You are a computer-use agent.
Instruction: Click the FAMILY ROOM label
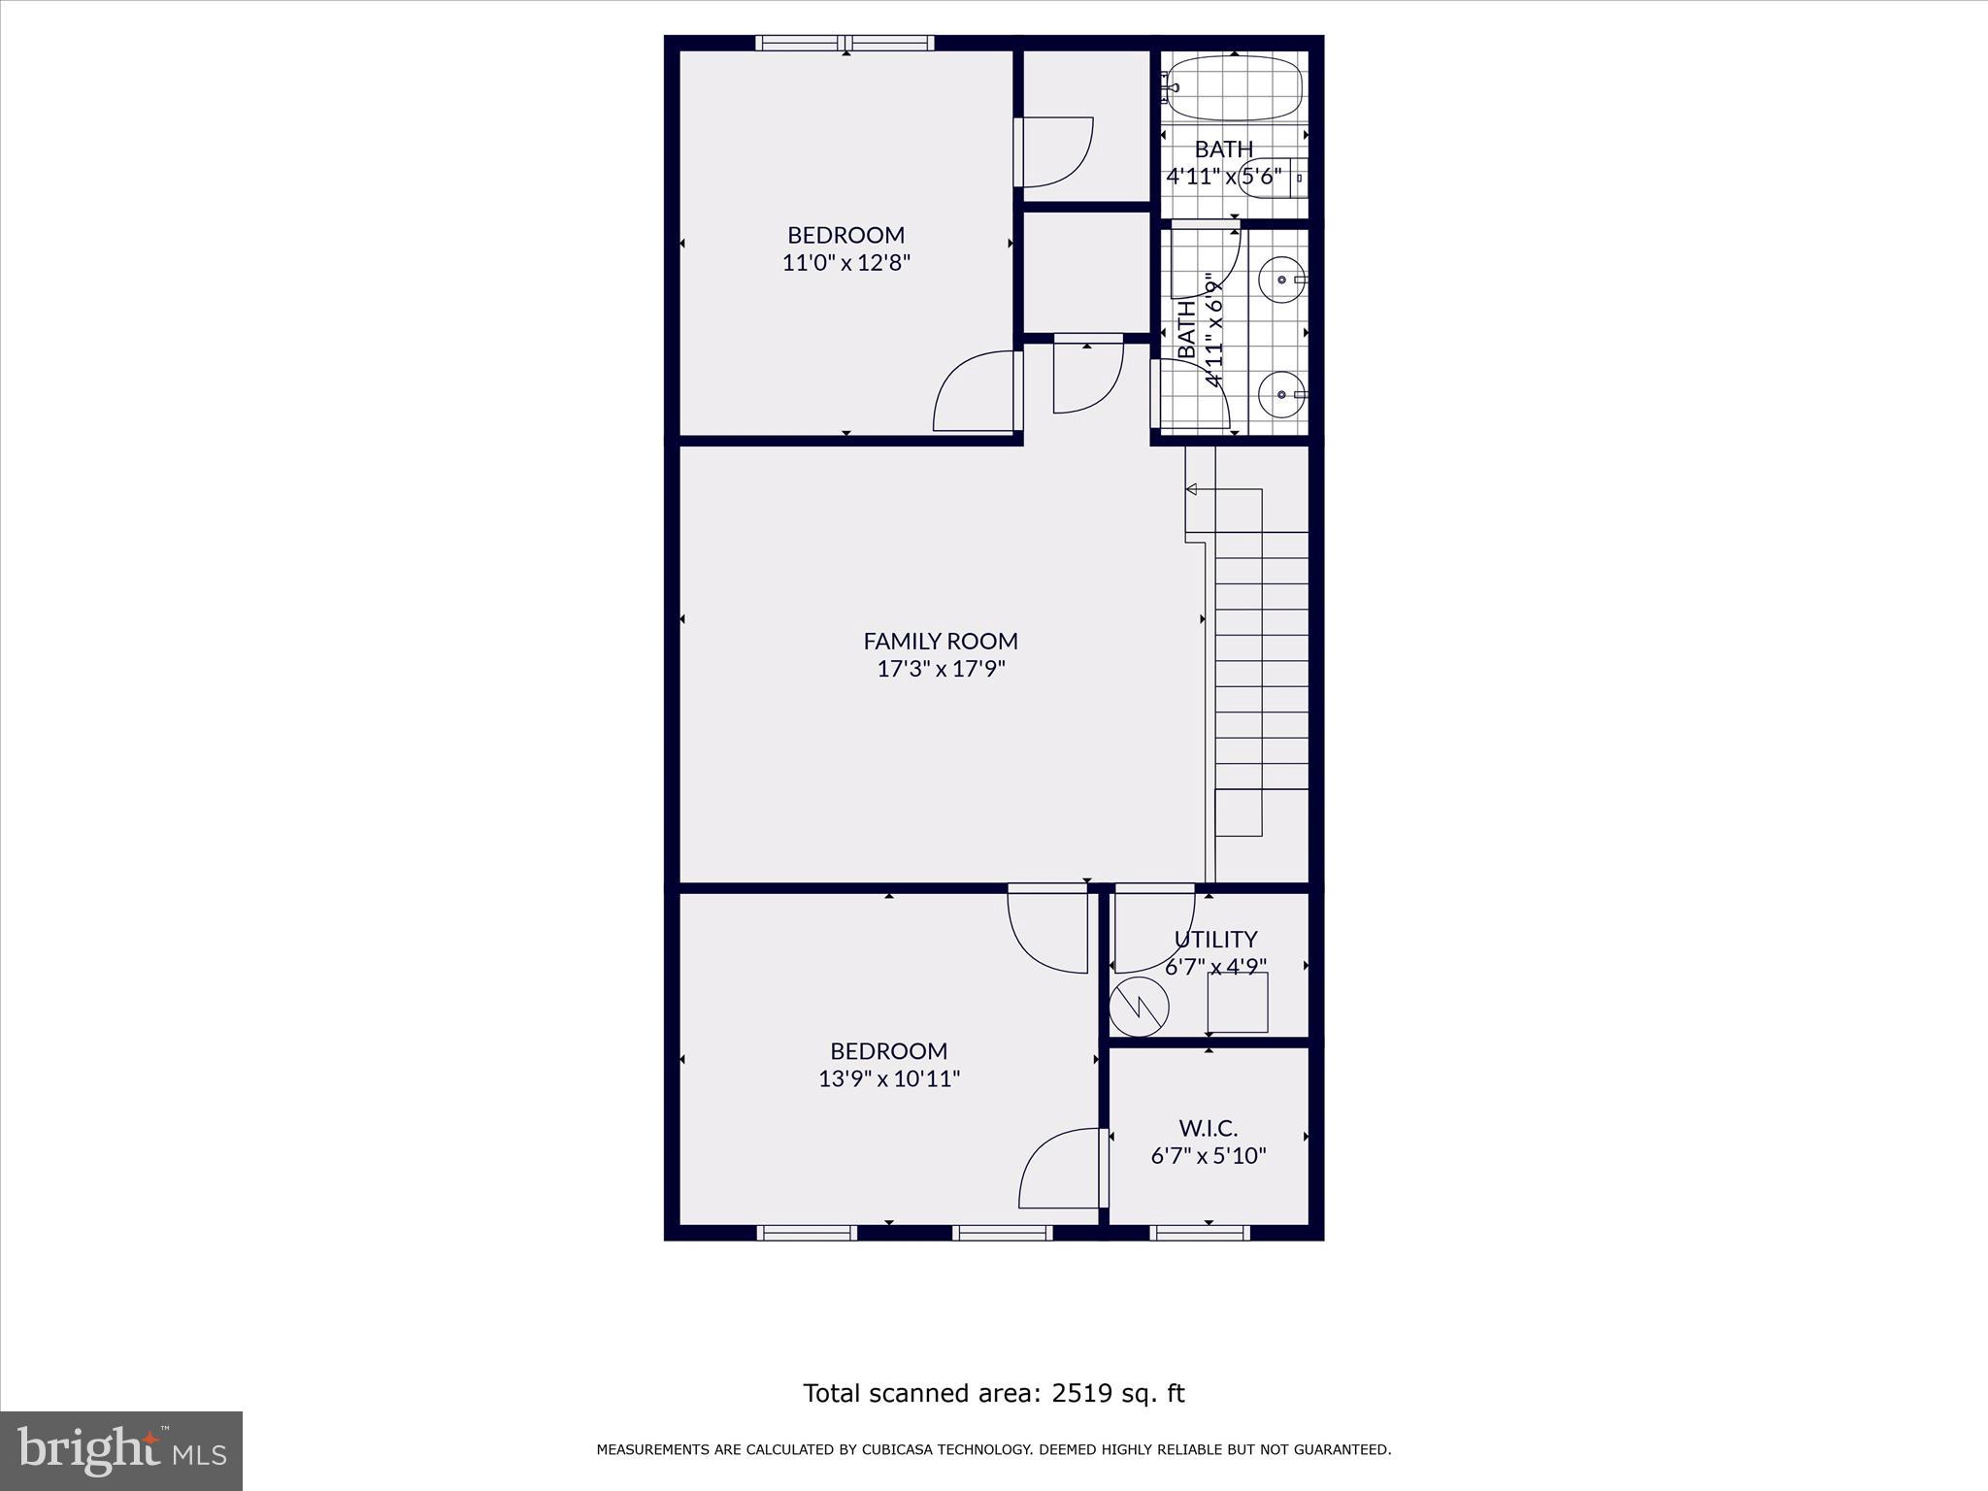pos(941,641)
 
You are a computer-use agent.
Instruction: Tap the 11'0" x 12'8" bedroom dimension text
pos(846,263)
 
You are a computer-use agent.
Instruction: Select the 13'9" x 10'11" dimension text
pos(889,1078)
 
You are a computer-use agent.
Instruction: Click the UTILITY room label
pos(1215,940)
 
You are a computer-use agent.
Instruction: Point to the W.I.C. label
pos(1209,1128)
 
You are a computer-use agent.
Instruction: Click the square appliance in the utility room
pos(1238,1003)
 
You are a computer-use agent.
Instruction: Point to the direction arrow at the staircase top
pos(1191,489)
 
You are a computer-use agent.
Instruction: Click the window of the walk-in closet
pos(1200,1233)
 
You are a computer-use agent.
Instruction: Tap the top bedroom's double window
pos(845,43)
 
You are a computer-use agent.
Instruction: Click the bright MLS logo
pos(121,1450)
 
